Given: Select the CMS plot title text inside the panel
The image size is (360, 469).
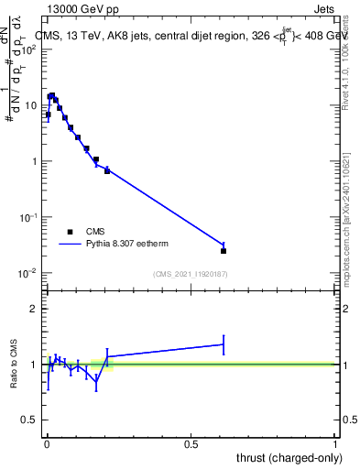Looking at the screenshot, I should click(x=192, y=36).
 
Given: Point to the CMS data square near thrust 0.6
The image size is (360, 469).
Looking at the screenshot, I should click(x=224, y=250).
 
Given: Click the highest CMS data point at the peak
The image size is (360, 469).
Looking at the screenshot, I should click(x=52, y=95).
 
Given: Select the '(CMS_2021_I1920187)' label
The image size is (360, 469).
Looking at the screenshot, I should click(x=190, y=274).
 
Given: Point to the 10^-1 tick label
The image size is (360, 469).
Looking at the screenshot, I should click(x=30, y=217).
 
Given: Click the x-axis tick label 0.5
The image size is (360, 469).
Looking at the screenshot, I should click(x=191, y=444).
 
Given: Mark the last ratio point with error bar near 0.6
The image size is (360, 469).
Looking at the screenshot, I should click(x=224, y=344).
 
